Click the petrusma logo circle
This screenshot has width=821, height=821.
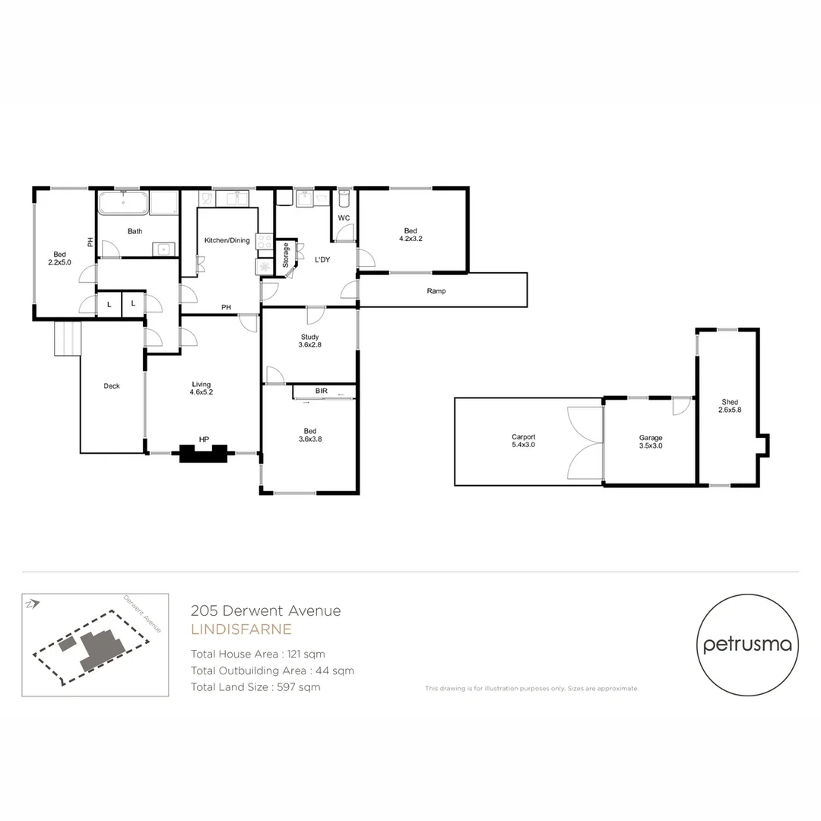(x=747, y=645)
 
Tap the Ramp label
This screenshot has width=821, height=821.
(x=436, y=290)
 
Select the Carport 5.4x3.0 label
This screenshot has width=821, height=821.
(x=523, y=442)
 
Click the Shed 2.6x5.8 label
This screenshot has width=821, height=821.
(x=728, y=406)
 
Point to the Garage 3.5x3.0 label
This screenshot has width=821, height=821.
(x=650, y=442)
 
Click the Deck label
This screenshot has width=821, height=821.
(x=112, y=386)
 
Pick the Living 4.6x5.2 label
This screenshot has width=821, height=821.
(x=201, y=388)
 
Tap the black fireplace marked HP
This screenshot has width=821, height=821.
(x=203, y=453)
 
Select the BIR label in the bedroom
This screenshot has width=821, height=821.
(x=322, y=391)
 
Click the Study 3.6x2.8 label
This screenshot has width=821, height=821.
(x=309, y=341)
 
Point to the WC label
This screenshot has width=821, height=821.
(x=344, y=218)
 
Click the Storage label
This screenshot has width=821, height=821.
(x=286, y=255)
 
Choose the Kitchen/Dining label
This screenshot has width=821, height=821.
(x=227, y=240)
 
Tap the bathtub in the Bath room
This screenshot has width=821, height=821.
(x=122, y=204)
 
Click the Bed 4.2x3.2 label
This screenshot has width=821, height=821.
(x=410, y=234)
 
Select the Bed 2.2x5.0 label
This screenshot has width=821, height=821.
(x=59, y=258)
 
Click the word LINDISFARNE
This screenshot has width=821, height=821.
(x=241, y=629)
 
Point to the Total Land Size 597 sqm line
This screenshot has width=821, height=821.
(x=255, y=687)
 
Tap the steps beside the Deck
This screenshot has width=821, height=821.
(x=67, y=338)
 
